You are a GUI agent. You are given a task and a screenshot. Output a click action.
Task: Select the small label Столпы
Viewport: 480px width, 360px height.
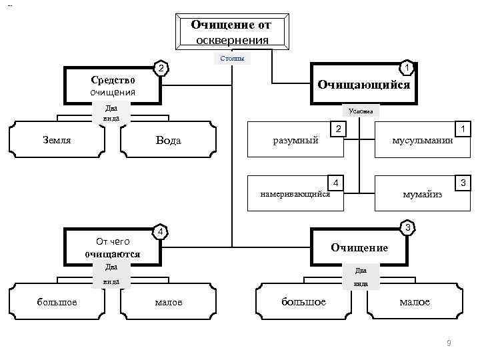pyautogui.click(x=232, y=59)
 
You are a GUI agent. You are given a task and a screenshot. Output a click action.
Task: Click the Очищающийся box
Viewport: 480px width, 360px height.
pyautogui.click(x=363, y=85)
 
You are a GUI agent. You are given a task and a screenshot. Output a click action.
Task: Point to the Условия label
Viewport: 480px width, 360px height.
pyautogui.click(x=361, y=111)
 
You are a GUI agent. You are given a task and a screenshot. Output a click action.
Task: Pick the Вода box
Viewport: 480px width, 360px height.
pyautogui.click(x=168, y=141)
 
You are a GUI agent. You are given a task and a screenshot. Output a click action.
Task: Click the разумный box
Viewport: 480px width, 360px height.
pyautogui.click(x=295, y=141)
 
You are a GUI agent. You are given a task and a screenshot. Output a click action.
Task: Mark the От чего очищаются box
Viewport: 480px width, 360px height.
pyautogui.click(x=113, y=247)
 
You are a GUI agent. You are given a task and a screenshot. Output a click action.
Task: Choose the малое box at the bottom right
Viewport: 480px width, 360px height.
pyautogui.click(x=415, y=302)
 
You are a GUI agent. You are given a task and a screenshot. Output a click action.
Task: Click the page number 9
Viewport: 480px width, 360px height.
pyautogui.click(x=449, y=343)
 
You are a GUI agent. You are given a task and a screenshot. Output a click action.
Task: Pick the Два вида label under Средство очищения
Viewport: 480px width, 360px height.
pyautogui.click(x=111, y=112)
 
